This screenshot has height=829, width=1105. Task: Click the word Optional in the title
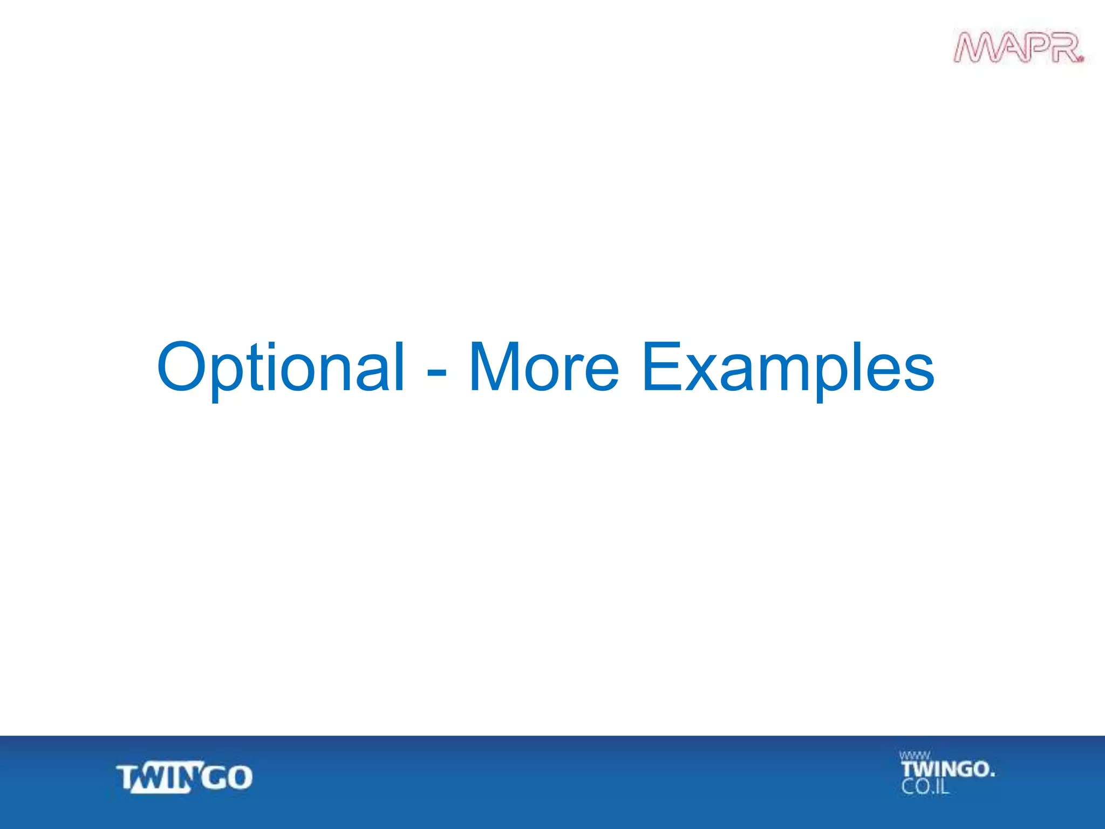280,368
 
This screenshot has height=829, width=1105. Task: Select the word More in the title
543,368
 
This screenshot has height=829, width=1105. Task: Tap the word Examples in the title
787,368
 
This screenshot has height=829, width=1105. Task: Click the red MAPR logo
1018,48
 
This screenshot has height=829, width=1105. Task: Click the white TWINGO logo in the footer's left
185,778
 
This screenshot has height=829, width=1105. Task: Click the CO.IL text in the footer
924,787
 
